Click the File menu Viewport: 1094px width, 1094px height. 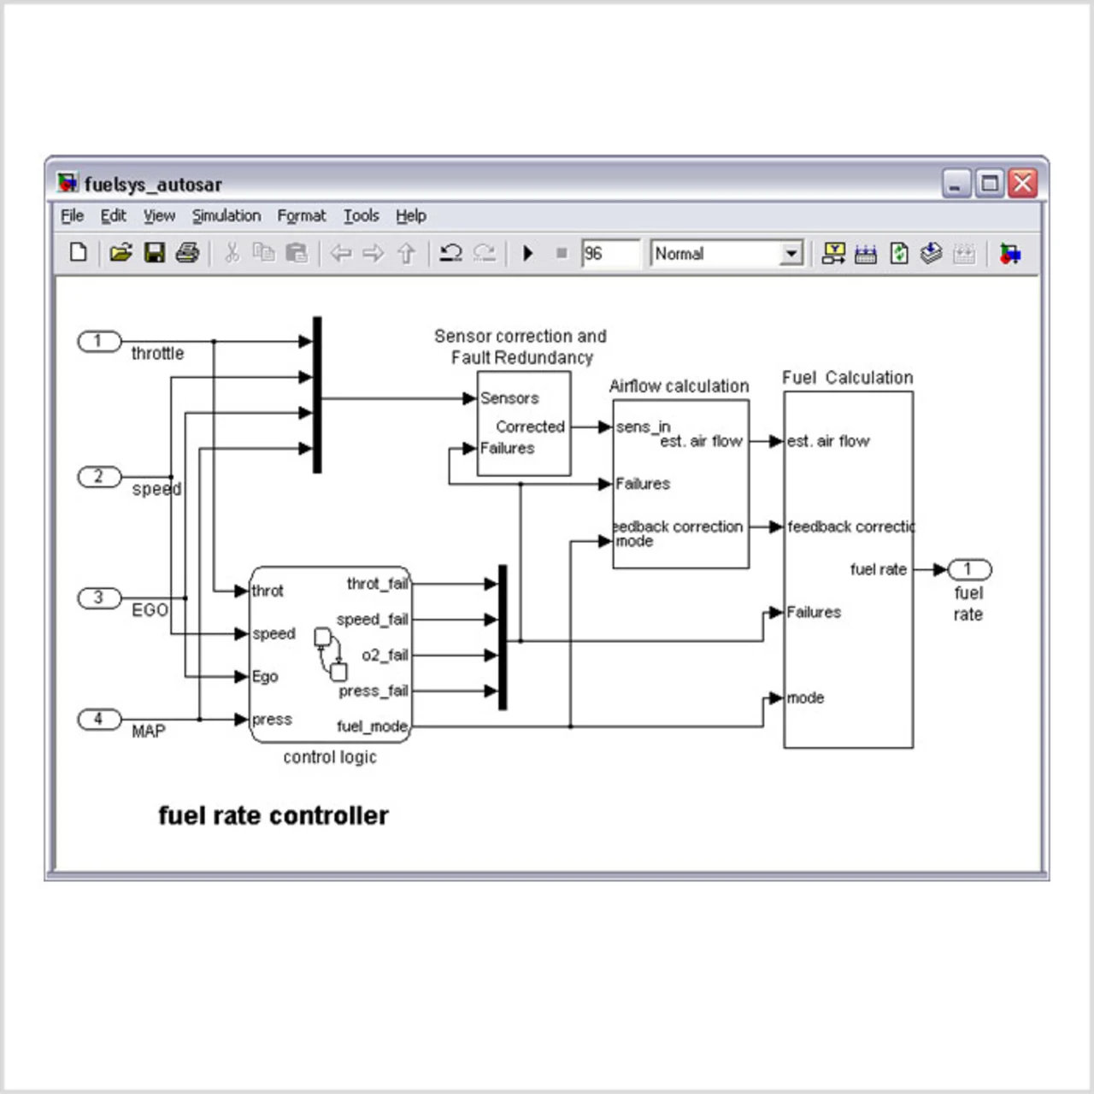[72, 216]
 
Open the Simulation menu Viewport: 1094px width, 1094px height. [226, 216]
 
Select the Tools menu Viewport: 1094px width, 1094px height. [361, 216]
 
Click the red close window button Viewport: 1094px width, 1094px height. [1022, 184]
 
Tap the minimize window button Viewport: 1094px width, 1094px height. [956, 184]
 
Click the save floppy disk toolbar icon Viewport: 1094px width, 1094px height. [154, 253]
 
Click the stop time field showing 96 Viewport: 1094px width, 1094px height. [609, 254]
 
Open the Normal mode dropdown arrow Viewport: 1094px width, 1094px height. [791, 254]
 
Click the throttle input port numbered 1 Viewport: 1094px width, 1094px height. [99, 341]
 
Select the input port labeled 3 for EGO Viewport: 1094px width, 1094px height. [99, 597]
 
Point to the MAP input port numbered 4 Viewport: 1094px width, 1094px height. [99, 719]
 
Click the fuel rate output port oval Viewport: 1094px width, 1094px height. [968, 569]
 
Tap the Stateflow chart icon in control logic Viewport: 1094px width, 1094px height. [331, 654]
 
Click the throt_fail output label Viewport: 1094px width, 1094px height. [377, 584]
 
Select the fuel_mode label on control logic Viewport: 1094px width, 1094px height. [372, 726]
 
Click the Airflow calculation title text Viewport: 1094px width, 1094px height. [679, 386]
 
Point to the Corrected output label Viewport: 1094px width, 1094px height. [530, 426]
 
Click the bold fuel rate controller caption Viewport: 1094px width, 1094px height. [273, 816]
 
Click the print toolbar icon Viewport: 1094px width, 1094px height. [187, 253]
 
